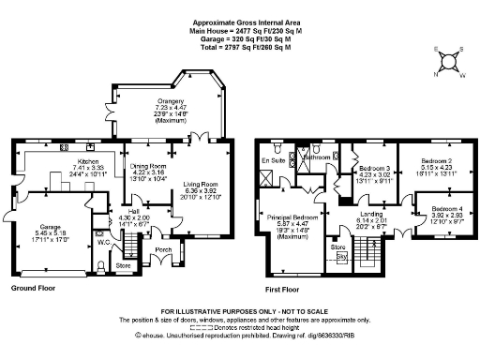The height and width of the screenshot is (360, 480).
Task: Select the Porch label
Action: click(x=163, y=249)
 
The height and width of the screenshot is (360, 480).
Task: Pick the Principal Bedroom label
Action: click(x=292, y=217)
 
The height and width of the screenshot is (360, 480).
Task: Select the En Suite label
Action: click(x=272, y=160)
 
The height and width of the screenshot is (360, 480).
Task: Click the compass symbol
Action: click(x=450, y=61)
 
